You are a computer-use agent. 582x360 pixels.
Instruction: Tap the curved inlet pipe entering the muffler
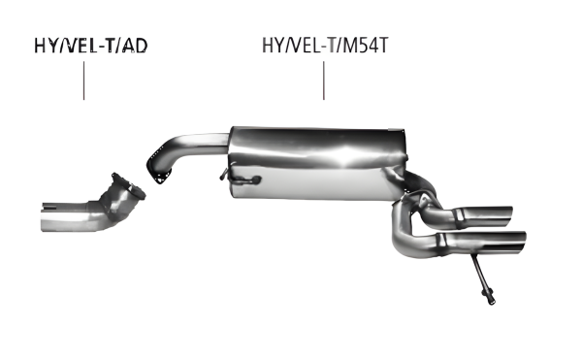tap(189, 145)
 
